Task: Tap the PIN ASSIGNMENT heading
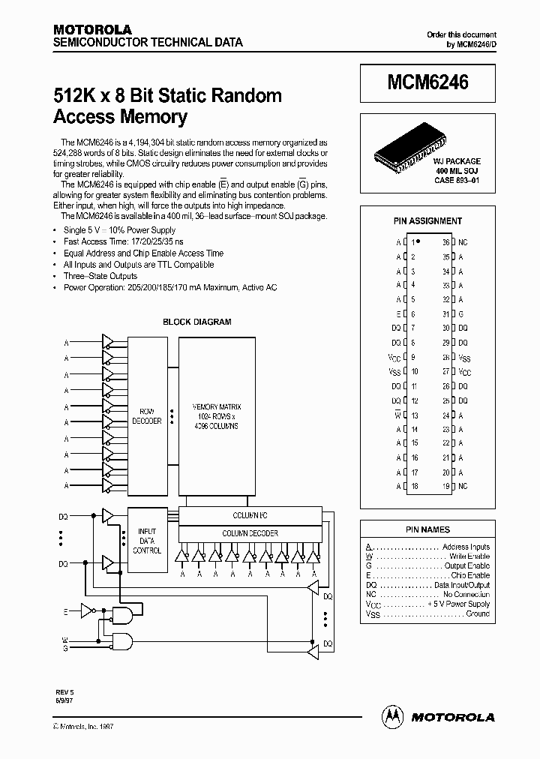coord(427,221)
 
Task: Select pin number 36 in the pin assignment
coord(445,243)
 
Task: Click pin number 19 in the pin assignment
coord(445,486)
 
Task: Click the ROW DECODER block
coord(146,416)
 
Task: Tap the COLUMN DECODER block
coord(250,533)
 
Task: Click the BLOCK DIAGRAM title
coord(197,322)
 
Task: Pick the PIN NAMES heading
coord(427,529)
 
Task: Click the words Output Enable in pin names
coord(467,566)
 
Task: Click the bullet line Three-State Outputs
coord(100,276)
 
